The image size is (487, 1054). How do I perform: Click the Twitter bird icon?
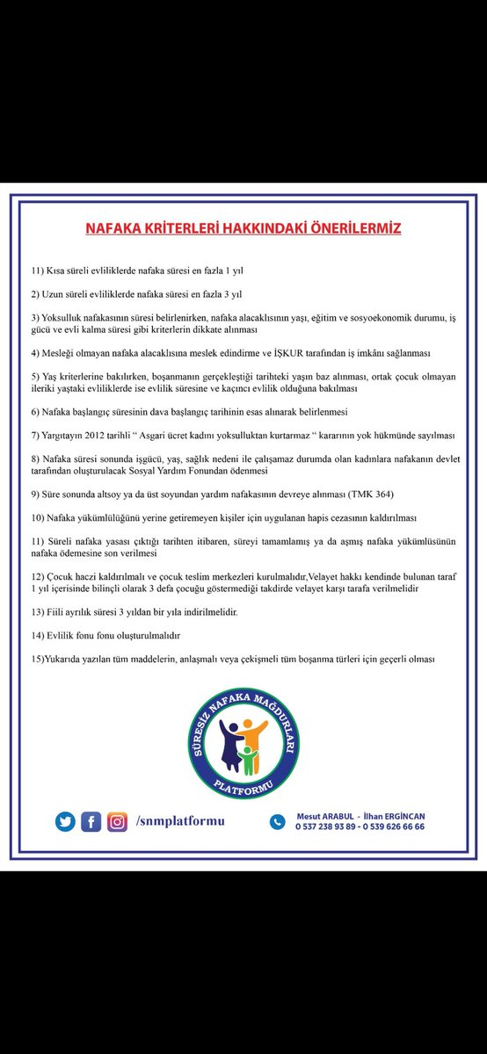click(x=64, y=821)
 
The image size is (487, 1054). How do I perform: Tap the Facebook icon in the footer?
click(x=91, y=821)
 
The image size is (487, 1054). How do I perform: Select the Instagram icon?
click(x=116, y=821)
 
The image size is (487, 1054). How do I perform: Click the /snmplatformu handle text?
click(x=180, y=821)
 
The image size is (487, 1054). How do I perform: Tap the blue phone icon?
click(x=278, y=821)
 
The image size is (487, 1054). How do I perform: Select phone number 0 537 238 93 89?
click(x=326, y=827)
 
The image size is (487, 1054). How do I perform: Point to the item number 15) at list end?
click(x=40, y=658)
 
